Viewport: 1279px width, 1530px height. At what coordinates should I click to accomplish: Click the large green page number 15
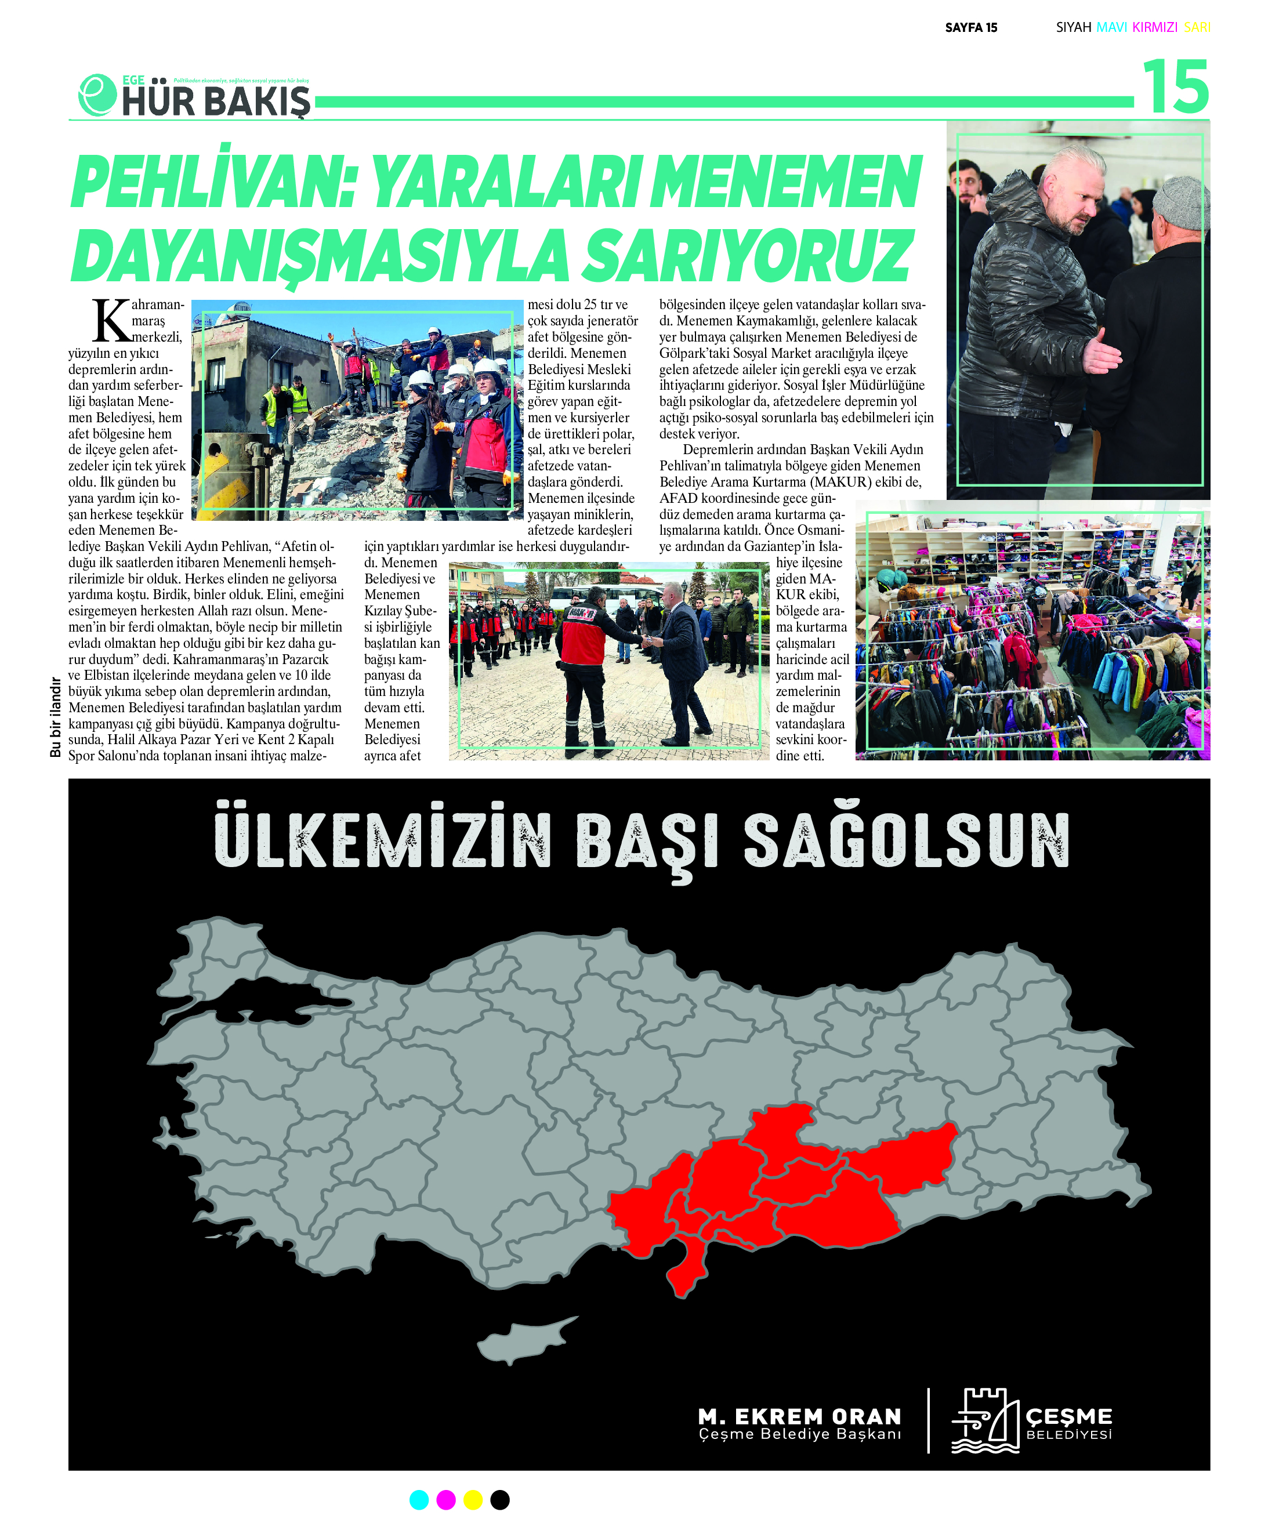click(x=1175, y=88)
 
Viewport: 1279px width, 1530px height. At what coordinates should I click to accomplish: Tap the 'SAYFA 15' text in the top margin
click(x=971, y=28)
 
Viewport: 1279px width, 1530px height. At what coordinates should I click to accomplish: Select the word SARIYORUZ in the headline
click(x=748, y=256)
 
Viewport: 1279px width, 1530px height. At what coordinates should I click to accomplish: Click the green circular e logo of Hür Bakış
click(x=97, y=95)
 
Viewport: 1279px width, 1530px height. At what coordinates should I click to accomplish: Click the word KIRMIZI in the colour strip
click(x=1154, y=28)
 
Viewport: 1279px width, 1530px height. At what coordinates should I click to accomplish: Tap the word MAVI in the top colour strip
click(x=1111, y=28)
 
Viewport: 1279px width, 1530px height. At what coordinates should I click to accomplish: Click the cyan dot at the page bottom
click(x=419, y=1500)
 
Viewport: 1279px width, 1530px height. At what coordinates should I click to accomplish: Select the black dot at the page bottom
click(x=500, y=1500)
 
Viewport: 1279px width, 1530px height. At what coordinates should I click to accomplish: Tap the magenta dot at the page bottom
click(x=446, y=1500)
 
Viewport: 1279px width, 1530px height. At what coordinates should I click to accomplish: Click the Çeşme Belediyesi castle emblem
click(x=984, y=1422)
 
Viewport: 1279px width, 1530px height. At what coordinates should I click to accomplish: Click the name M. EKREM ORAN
click(x=799, y=1416)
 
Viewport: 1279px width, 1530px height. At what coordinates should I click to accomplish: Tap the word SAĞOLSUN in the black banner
click(x=906, y=841)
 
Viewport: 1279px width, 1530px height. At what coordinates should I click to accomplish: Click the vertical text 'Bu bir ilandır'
click(x=55, y=717)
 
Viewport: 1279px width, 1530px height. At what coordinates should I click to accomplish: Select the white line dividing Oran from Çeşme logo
click(x=929, y=1421)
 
